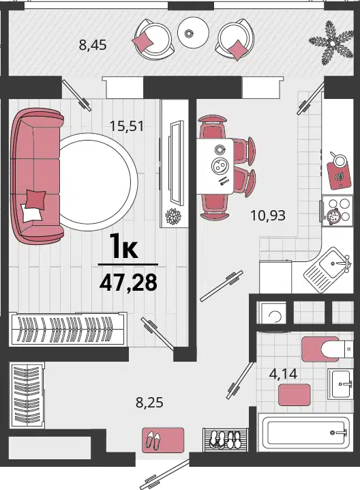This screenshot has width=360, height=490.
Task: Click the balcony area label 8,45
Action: [93, 45]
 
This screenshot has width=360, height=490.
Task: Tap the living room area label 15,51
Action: [127, 126]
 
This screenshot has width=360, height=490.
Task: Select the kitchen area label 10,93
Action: [268, 215]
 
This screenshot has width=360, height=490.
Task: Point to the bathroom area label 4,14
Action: [283, 373]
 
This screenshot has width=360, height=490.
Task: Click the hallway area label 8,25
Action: [149, 403]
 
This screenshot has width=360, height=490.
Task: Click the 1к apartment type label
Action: [125, 248]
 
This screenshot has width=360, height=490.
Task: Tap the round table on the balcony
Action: [193, 32]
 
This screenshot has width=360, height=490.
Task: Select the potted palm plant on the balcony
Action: [331, 42]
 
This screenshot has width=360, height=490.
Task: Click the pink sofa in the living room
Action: [37, 177]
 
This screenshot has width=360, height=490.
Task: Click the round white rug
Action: [98, 182]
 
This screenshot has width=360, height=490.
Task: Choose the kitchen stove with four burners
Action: [337, 211]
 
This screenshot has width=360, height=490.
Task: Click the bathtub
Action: [305, 433]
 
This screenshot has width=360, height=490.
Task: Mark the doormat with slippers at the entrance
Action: [163, 440]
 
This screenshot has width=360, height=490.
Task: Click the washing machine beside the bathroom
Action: [272, 313]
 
